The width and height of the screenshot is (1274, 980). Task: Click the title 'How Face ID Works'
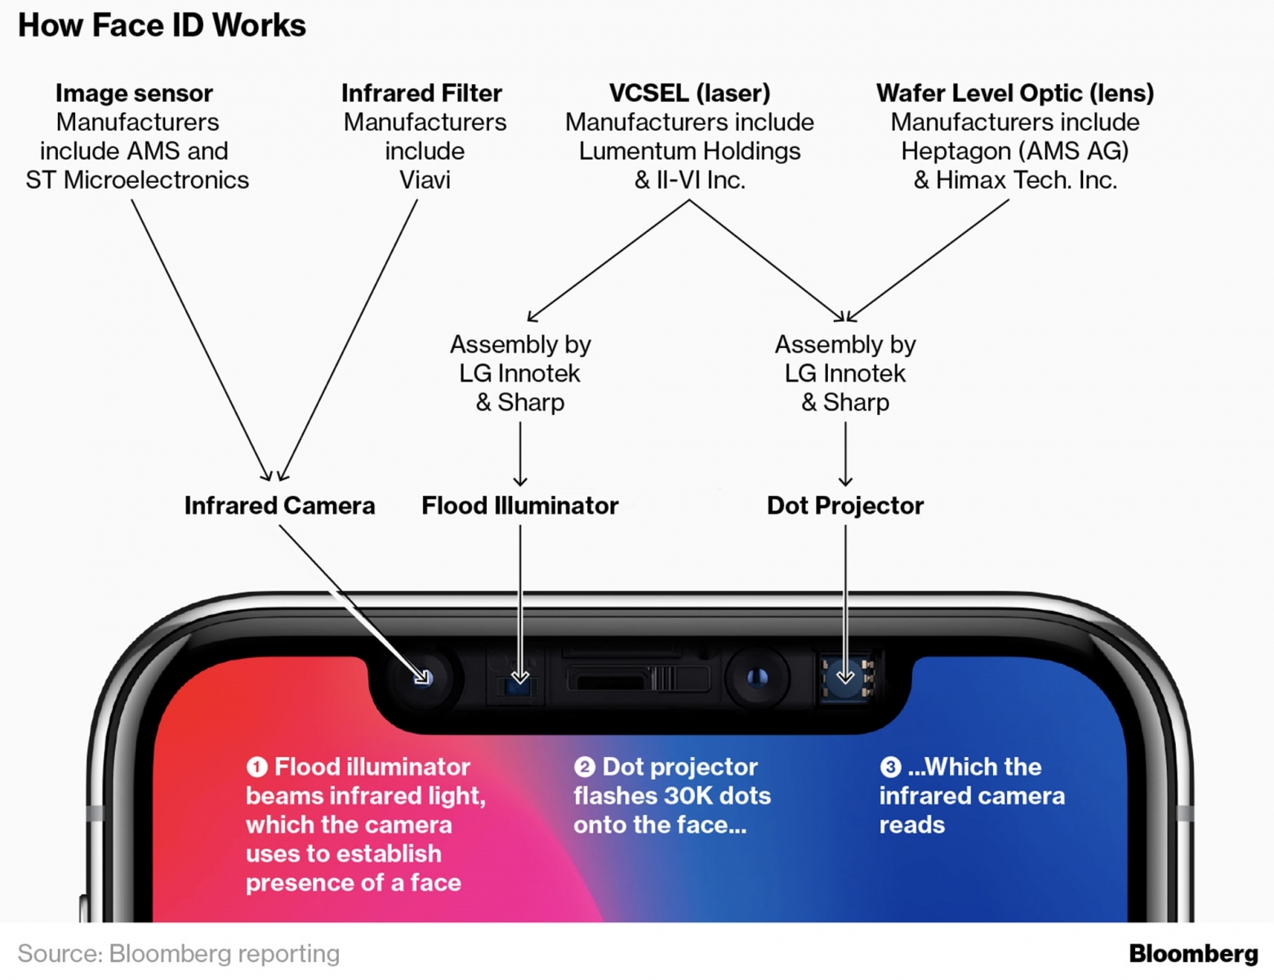(162, 26)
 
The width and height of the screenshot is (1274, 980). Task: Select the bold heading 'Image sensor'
(134, 93)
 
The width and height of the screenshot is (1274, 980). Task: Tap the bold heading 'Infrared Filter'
(421, 93)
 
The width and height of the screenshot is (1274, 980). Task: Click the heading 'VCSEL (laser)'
(689, 93)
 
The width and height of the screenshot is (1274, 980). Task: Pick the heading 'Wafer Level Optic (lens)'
(1015, 93)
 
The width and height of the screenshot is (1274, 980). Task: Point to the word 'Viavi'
(425, 180)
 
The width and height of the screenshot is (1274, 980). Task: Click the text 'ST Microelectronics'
(137, 180)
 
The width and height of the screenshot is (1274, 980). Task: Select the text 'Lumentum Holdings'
(689, 151)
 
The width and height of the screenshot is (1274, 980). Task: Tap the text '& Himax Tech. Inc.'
(1015, 180)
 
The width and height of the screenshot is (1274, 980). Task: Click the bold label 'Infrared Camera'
(279, 506)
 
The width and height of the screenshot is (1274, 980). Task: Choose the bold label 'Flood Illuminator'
(520, 506)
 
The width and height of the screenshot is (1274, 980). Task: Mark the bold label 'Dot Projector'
(844, 506)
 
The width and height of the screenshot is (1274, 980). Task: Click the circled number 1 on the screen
(256, 767)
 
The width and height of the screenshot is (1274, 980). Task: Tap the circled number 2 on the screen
(585, 767)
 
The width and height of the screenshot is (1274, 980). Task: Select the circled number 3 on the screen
(890, 767)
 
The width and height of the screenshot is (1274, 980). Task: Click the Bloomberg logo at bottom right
(1194, 954)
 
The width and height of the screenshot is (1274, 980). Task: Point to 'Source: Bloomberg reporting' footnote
(179, 954)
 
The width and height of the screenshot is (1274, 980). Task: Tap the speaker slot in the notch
(610, 682)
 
